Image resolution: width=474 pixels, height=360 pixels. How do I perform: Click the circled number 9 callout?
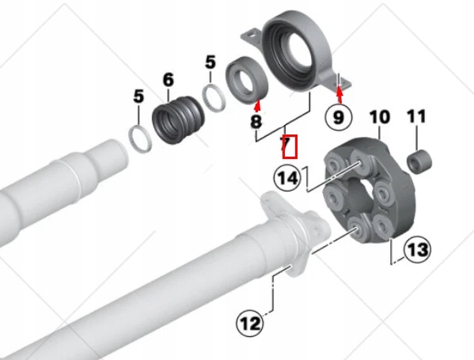338,117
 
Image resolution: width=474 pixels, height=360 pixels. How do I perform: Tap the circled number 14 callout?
287,178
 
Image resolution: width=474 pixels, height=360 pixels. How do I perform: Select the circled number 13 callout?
418,250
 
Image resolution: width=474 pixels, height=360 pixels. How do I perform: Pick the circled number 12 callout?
250,324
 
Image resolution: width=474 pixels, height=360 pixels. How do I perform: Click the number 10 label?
380,117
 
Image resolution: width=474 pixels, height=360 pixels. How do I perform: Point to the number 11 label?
416,116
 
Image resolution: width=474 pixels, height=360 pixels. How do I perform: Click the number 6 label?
169,80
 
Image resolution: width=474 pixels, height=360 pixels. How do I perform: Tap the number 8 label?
256,122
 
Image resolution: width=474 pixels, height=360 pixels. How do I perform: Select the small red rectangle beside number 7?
290,146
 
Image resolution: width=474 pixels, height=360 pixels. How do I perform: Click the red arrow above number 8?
257,105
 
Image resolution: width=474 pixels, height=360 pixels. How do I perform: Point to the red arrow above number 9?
339,94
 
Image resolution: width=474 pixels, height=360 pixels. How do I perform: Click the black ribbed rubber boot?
178,120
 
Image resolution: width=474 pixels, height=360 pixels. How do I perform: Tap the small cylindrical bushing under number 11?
419,162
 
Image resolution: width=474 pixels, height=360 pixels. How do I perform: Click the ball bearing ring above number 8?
247,80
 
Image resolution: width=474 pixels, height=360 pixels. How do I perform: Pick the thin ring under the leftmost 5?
139,138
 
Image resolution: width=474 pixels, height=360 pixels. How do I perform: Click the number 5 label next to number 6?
210,62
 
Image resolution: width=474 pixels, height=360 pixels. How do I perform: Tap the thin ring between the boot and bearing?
214,98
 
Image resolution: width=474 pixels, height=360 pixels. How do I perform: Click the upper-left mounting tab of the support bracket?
251,36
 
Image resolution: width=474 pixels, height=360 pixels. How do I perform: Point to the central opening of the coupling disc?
358,194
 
